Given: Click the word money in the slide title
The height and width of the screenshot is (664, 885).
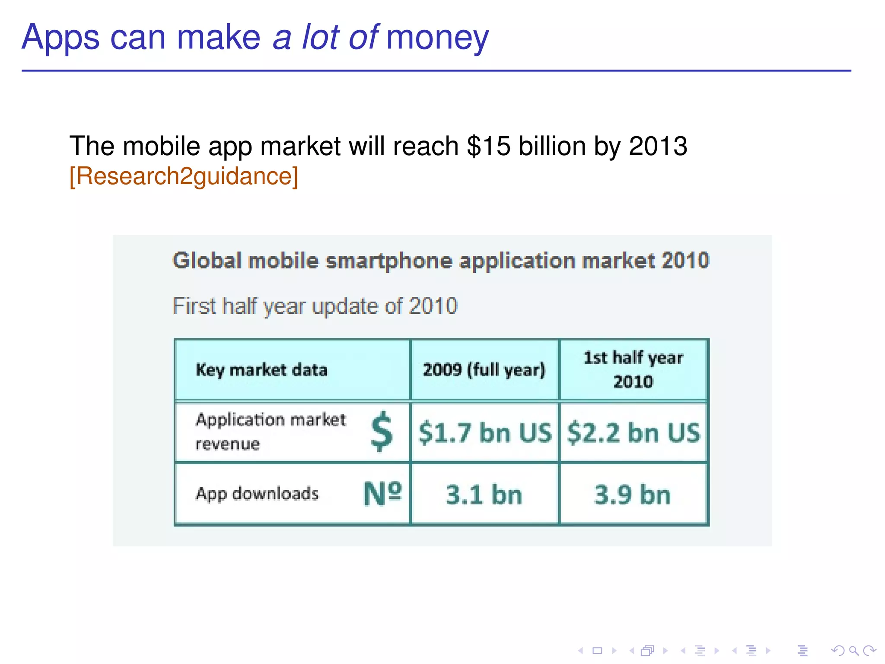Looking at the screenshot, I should point(437,38).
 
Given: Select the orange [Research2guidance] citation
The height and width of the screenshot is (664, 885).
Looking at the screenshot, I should point(184,176).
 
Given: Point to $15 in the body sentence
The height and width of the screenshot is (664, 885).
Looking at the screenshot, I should point(488,146).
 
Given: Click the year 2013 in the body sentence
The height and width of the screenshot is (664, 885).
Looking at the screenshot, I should point(658,146).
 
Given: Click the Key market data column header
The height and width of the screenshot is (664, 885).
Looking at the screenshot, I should point(261,370).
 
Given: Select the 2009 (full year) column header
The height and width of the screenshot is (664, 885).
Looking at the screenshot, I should point(484,370).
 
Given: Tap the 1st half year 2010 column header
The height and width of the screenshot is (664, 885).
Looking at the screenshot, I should point(633,370).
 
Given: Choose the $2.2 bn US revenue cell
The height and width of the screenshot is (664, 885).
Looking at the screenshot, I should point(634,433).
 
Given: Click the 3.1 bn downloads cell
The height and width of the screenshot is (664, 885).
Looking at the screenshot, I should point(484,495).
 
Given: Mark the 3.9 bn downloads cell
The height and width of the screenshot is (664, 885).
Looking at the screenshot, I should point(633,495).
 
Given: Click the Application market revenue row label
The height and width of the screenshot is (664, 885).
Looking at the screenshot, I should point(271,431).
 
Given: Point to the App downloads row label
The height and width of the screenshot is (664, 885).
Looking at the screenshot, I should point(257,494).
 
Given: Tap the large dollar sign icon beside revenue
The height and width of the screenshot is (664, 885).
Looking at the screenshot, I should point(382,431).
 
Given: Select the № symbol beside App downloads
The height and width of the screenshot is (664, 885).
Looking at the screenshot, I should point(382,494).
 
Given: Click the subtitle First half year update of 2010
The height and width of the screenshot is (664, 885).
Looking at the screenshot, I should point(315,306).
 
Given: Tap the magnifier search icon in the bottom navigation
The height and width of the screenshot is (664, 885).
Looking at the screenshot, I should point(853,651).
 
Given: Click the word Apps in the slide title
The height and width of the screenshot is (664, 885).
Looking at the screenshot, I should point(60,38).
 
